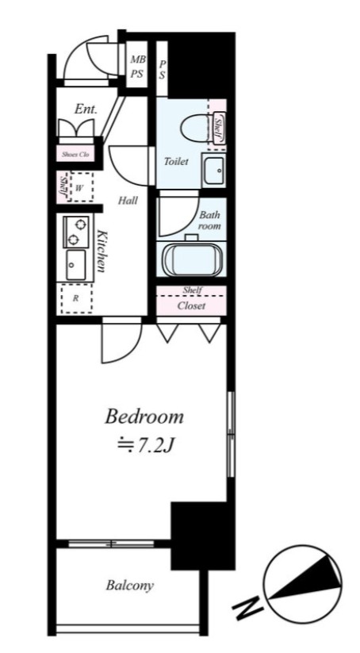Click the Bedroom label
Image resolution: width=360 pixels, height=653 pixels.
(144, 417)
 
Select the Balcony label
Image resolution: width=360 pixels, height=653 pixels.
(130, 586)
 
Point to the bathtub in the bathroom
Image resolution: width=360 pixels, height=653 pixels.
(192, 259)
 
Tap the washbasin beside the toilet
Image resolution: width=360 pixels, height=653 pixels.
(213, 171)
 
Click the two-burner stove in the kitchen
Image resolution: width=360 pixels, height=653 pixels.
(76, 232)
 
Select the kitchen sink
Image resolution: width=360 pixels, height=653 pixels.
(76, 264)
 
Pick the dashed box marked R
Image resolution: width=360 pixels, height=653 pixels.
(77, 298)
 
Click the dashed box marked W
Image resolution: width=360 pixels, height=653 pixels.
(82, 186)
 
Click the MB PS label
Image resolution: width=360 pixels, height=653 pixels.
(137, 66)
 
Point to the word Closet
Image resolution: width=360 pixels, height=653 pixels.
(191, 306)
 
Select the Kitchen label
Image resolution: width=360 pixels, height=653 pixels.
(100, 250)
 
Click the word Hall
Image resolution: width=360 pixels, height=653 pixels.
(128, 200)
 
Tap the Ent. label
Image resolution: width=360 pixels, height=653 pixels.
(86, 109)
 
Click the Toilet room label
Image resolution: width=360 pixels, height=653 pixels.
(175, 161)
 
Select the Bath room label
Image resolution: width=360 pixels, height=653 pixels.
(210, 221)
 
